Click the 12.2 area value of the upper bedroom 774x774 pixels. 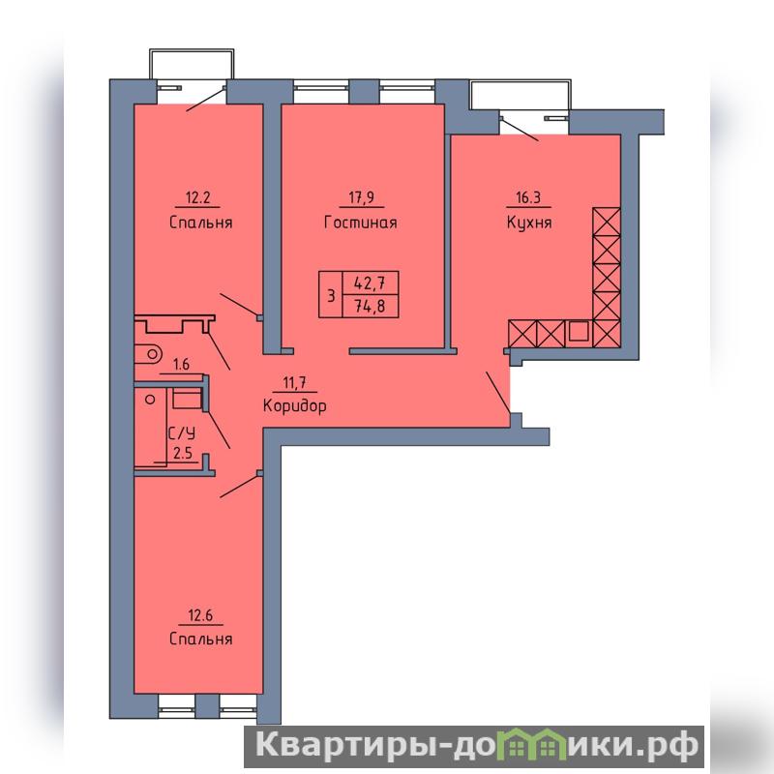[x=197, y=198]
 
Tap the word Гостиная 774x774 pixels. [x=361, y=223]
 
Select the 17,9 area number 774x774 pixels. [x=361, y=197]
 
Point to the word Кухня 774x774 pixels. [x=528, y=223]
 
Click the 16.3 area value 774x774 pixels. [x=528, y=198]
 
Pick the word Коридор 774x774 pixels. [x=295, y=406]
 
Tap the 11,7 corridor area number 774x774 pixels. [x=294, y=382]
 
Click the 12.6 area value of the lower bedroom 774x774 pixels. [x=200, y=615]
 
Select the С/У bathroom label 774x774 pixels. [x=182, y=433]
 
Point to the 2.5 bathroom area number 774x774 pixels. [x=183, y=453]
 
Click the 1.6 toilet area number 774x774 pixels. [x=181, y=365]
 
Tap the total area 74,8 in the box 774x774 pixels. [x=370, y=307]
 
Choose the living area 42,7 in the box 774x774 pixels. [x=370, y=283]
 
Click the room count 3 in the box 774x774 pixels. [x=331, y=296]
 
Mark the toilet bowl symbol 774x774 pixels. [x=148, y=354]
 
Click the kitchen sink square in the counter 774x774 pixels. [x=578, y=331]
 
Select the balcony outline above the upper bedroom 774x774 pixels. [x=192, y=50]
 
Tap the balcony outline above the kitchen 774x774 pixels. [x=521, y=79]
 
